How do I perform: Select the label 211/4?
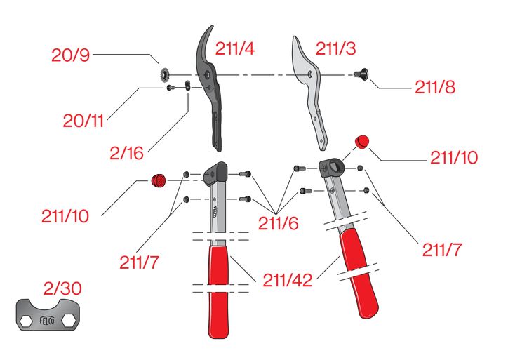pyautogui.click(x=234, y=48)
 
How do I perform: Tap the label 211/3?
pyautogui.click(x=335, y=48)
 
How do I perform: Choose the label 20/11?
pyautogui.click(x=83, y=121)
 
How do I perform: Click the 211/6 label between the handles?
pyautogui.click(x=278, y=223)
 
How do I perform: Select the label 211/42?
pyautogui.click(x=288, y=279)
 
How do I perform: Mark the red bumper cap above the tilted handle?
pyautogui.click(x=363, y=142)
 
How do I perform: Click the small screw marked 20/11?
pyautogui.click(x=170, y=88)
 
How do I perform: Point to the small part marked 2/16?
pyautogui.click(x=188, y=86)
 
